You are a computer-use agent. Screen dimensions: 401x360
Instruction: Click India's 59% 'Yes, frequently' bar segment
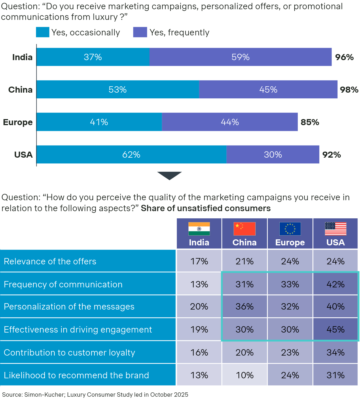coord(240,57)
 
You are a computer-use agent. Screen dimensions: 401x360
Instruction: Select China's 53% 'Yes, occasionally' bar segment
coord(118,89)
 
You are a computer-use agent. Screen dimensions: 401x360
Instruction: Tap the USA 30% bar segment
coord(273,154)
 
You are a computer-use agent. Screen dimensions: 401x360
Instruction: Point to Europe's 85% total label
coord(310,122)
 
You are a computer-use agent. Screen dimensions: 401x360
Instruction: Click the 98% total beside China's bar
coord(349,90)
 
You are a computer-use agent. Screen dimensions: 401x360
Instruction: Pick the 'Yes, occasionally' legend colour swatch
coord(43,32)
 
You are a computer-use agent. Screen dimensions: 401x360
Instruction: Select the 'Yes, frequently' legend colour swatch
coord(140,32)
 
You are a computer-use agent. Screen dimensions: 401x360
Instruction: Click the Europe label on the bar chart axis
coord(18,122)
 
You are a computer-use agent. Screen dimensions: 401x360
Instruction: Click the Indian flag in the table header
coord(199,229)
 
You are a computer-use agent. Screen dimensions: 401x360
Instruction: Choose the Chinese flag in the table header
coord(245,229)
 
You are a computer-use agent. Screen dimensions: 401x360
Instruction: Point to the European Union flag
coord(290,229)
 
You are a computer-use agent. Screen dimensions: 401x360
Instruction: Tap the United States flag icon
coord(336,229)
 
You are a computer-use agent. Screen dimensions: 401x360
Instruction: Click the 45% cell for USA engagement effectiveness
coord(336,329)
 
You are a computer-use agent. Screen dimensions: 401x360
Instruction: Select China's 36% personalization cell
coord(245,307)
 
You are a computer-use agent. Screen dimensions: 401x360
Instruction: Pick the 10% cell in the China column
coord(245,375)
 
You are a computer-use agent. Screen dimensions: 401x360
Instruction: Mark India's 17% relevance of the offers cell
coord(199,261)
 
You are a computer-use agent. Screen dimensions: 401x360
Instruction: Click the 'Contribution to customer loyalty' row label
coord(69,352)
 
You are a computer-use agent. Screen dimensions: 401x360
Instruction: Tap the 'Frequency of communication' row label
coord(63,284)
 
